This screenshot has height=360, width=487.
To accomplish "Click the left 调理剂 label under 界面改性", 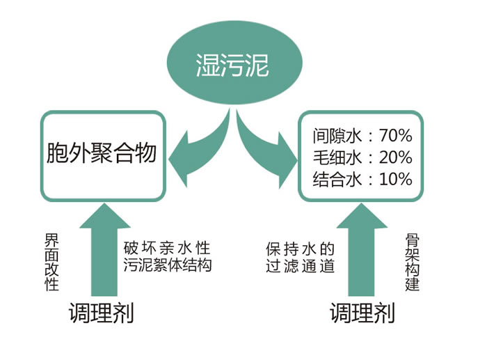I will click(101, 312).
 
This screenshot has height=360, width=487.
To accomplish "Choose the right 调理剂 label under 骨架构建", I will click(362, 312).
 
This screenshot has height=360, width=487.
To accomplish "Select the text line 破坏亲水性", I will click(166, 249).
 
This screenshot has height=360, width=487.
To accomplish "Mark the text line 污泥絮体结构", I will click(166, 265).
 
